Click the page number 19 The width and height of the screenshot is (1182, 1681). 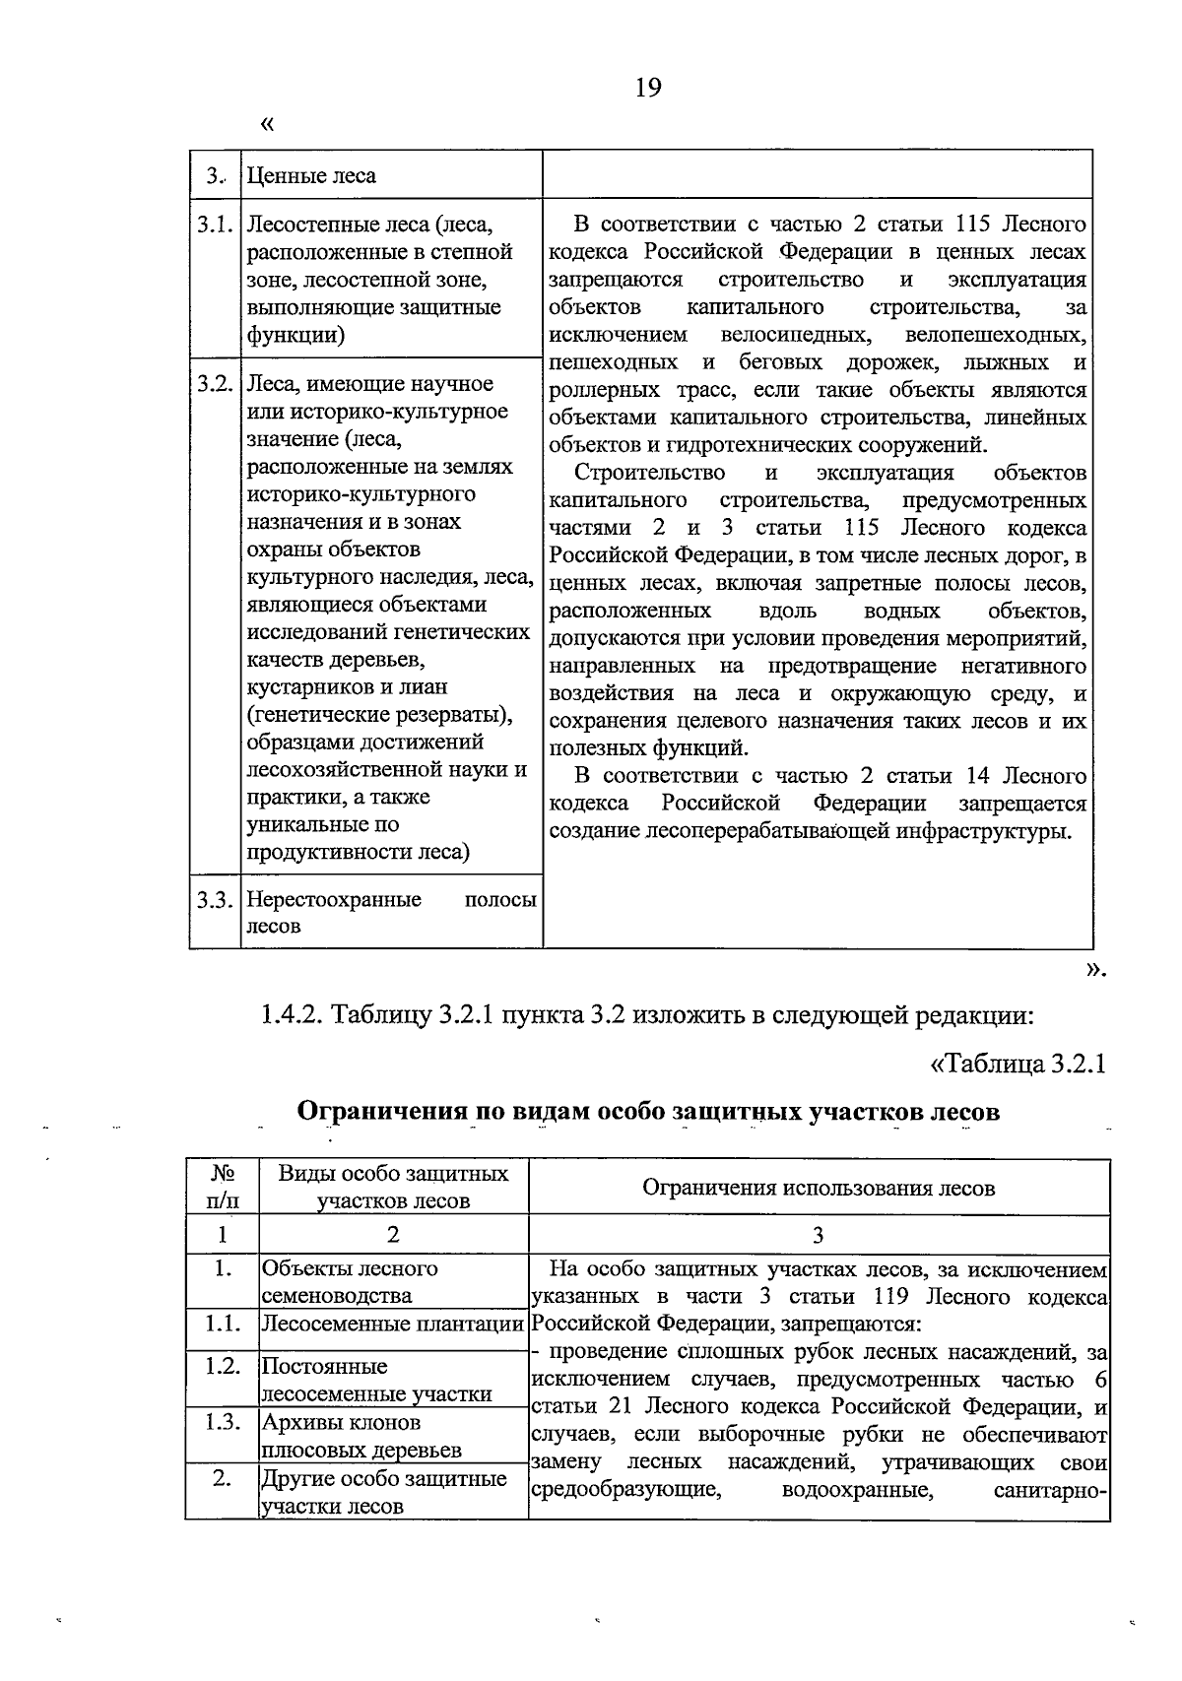648,89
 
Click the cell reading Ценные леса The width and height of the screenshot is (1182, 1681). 311,176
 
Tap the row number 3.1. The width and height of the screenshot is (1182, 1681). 214,225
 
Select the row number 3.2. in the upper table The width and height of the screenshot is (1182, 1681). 214,384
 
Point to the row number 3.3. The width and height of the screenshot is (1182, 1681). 214,900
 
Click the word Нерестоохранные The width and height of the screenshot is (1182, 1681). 334,900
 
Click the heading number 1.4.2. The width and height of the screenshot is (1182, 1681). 292,1013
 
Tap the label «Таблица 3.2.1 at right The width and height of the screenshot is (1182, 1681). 1018,1065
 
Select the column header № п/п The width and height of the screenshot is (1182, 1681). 222,1187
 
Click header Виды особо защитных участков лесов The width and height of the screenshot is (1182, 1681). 393,1187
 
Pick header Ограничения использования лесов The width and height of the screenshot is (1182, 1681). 818,1188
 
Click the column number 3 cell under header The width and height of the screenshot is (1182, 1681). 818,1235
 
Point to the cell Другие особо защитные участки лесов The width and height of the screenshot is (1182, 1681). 383,1492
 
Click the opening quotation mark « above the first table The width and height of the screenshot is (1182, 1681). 266,125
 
